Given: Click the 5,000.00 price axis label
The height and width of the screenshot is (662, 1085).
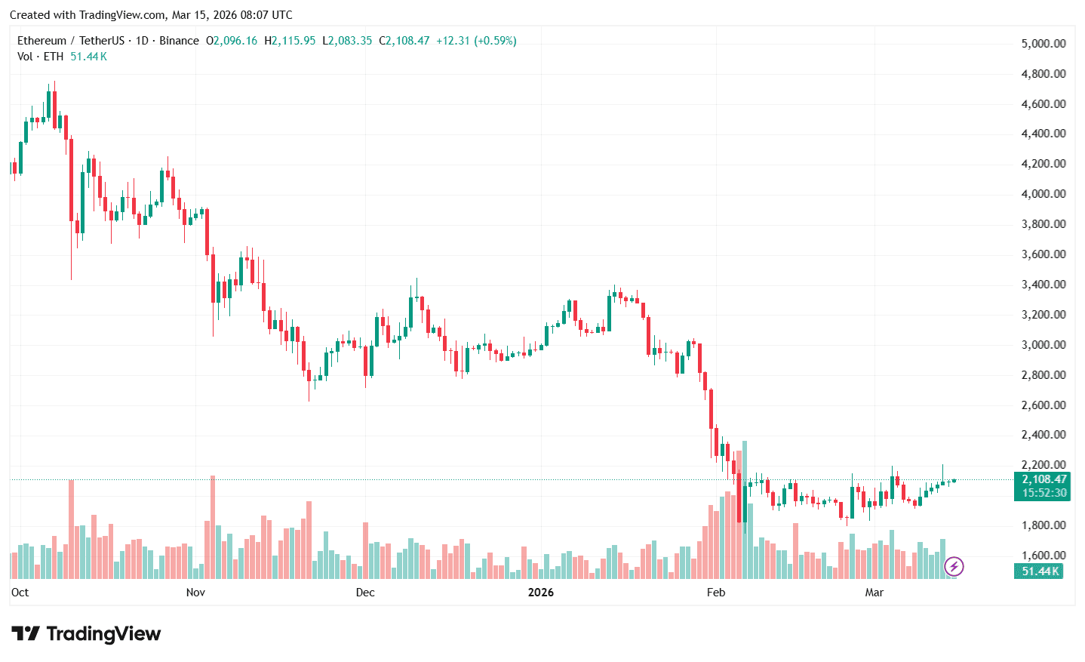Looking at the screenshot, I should click(1044, 44).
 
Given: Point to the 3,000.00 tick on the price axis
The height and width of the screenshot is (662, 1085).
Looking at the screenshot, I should click(1044, 345).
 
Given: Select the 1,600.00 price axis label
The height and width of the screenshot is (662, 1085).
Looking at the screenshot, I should click(1044, 556).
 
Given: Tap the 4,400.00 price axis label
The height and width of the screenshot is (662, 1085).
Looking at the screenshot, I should click(1044, 134).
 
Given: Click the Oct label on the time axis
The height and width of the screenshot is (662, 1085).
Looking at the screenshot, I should click(20, 593).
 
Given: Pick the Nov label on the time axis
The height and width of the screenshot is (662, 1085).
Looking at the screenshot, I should click(195, 593).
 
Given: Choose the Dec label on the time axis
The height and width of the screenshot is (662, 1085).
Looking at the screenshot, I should click(365, 593).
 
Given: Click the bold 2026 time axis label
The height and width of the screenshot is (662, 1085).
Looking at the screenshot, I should click(540, 593).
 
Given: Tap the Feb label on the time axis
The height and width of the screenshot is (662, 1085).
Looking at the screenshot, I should click(716, 593).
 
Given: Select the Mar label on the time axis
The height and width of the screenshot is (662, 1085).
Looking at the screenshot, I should click(874, 593).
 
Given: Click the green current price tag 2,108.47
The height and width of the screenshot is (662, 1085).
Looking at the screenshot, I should click(1044, 479).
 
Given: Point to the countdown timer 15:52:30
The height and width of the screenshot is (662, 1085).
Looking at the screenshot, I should click(1044, 493).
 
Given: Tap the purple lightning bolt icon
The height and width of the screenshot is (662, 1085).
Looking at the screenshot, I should click(954, 566).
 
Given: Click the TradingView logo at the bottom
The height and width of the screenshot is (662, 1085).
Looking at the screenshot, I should click(86, 634).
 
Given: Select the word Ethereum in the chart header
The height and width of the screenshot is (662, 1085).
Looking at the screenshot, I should click(41, 41).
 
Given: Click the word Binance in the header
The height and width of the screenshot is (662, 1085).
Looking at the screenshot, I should click(179, 41).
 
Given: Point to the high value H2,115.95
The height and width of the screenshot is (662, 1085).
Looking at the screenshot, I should click(290, 41).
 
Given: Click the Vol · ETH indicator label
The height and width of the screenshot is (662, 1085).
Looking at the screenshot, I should click(40, 57).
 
